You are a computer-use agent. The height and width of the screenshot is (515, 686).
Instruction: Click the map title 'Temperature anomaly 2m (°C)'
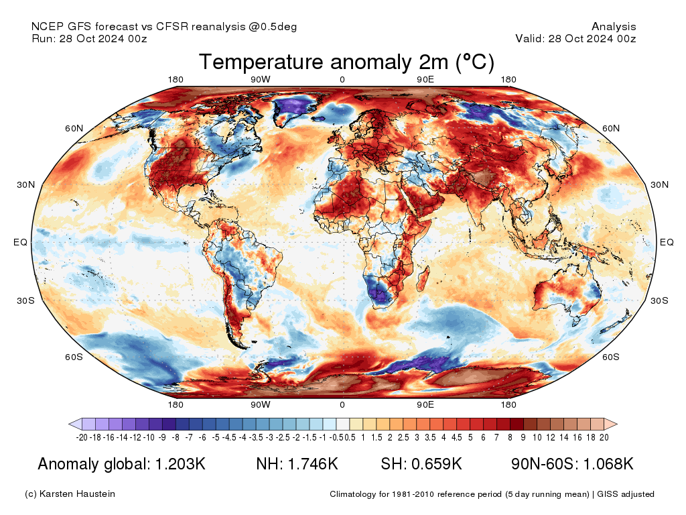tap(346, 62)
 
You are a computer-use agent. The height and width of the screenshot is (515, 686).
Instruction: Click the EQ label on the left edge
tap(20, 242)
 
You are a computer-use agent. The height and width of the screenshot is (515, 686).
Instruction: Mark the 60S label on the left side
tap(73, 357)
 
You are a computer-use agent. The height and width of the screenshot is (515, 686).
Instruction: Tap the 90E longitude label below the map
tap(425, 404)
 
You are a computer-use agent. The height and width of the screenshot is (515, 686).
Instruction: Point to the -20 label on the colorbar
tap(82, 438)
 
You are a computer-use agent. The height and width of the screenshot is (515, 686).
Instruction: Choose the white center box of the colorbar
tap(342, 424)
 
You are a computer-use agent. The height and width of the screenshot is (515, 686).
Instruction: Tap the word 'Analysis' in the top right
tap(614, 27)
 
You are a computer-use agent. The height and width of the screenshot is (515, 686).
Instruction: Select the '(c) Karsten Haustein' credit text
tap(70, 494)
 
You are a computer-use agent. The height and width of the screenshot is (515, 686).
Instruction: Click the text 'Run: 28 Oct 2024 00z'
tap(89, 38)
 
